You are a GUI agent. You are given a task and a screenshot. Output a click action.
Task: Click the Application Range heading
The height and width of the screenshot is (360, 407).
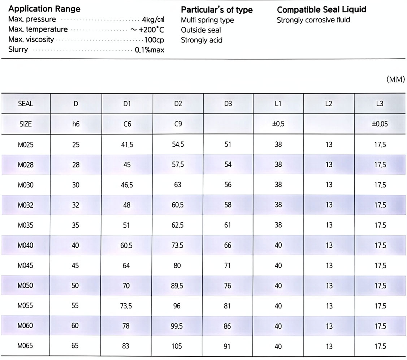coord(44,9)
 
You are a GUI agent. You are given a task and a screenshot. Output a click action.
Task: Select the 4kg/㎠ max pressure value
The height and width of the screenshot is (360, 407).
coord(153,20)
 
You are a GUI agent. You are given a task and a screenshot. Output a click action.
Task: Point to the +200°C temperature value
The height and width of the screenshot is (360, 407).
coord(147,30)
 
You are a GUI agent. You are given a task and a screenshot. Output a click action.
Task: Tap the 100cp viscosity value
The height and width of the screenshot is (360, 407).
coord(154,40)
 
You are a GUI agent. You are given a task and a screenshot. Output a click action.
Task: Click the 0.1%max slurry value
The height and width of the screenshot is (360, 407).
coord(150,50)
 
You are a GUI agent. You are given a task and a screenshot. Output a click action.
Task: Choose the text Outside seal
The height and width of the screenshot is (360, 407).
coord(201,30)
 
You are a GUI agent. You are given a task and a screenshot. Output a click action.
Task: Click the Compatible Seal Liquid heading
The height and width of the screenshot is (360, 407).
coord(321,10)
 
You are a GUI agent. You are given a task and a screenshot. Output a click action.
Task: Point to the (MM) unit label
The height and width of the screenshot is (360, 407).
coord(395,79)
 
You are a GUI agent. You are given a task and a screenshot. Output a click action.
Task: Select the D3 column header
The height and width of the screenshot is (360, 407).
coord(228,104)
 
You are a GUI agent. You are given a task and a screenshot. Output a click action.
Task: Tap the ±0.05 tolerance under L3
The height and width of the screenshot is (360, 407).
coord(380,124)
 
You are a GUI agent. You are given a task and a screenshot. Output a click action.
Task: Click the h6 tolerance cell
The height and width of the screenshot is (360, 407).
coord(76,124)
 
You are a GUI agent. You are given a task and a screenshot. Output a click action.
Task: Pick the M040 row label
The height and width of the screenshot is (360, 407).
coord(25,245)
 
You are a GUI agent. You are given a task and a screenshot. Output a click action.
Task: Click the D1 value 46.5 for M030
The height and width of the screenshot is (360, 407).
coord(127,185)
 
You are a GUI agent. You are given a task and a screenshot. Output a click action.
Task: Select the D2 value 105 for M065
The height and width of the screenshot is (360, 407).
coord(177,346)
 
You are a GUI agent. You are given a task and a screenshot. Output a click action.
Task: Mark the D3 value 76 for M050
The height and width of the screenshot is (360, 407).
coord(228,286)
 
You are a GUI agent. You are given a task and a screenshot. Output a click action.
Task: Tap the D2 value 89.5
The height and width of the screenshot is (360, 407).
coord(177,286)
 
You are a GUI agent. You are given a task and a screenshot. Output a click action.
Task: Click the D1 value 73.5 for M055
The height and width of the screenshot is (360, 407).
coord(126,306)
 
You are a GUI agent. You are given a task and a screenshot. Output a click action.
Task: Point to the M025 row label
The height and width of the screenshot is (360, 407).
coord(26,145)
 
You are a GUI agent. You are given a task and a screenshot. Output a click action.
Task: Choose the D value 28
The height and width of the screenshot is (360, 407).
coord(76,165)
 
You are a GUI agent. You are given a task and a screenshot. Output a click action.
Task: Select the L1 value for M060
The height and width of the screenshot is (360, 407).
coord(278,326)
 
